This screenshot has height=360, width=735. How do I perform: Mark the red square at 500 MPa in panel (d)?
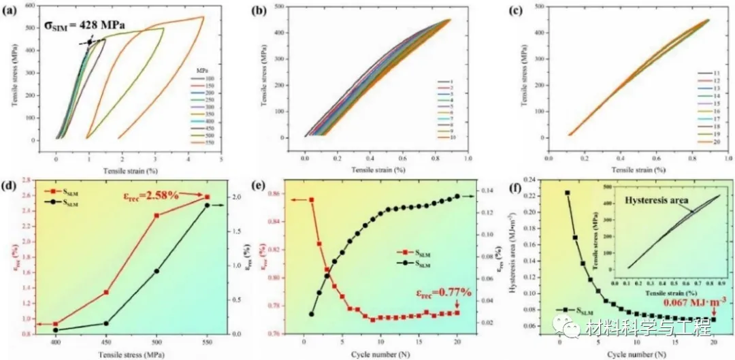(157, 216)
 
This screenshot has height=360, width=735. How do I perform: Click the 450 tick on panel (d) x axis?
(106, 344)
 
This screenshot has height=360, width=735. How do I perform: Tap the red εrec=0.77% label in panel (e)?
(440, 295)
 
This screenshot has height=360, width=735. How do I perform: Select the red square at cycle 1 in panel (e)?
(312, 200)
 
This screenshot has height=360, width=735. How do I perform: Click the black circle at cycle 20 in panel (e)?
(457, 196)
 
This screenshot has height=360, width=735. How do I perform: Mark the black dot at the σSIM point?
(89, 42)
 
